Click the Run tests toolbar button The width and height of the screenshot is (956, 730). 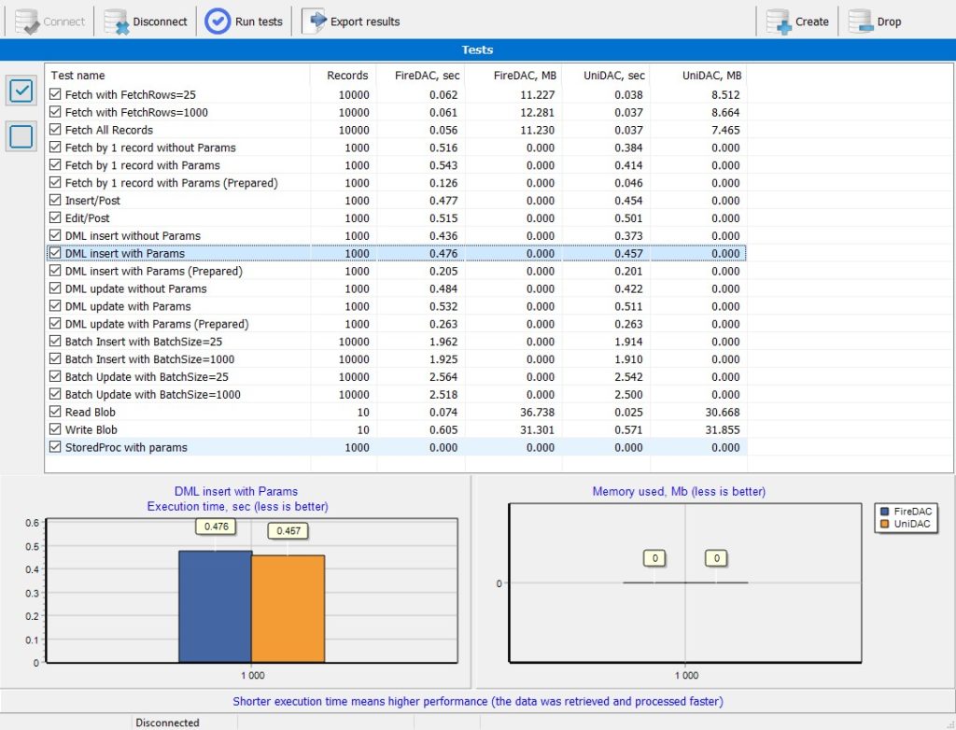244,21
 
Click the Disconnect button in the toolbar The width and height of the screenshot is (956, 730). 146,21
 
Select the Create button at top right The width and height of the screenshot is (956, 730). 797,21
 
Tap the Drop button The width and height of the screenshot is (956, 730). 875,21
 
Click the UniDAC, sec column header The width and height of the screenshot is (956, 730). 614,75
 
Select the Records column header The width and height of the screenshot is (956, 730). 347,75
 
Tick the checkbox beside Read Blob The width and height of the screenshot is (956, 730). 55,412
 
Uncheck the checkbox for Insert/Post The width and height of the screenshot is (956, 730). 55,200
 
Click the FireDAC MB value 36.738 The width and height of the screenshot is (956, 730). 537,413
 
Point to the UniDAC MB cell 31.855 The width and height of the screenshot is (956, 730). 723,430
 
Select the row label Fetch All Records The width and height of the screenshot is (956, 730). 109,130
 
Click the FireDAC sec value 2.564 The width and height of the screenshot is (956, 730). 443,377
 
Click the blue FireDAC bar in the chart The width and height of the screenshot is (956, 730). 216,606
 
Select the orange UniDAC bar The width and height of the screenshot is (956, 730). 288,609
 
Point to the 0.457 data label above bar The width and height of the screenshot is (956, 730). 288,530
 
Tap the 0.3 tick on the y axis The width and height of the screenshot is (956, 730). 32,593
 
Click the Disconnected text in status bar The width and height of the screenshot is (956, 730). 167,723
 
